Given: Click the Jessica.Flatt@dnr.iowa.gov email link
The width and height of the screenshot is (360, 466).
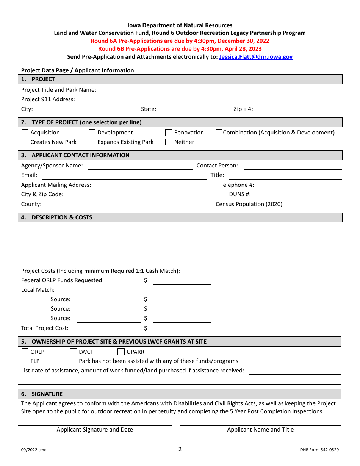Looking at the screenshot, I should click(256, 57).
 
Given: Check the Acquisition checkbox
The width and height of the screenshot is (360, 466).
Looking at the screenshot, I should click(25, 133).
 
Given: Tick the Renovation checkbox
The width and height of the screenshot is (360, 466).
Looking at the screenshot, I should click(169, 133).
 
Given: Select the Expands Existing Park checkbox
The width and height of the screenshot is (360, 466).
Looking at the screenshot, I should click(92, 142).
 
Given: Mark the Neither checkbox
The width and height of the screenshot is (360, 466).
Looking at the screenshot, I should click(169, 142).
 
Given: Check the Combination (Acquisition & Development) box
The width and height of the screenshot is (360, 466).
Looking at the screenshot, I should click(219, 133).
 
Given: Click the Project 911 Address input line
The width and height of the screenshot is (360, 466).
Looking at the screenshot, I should click(210, 100).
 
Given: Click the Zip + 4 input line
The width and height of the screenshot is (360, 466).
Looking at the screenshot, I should click(300, 110).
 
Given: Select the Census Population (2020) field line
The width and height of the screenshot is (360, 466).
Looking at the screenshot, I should click(314, 205).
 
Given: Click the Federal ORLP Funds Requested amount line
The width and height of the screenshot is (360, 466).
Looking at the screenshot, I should click(182, 281).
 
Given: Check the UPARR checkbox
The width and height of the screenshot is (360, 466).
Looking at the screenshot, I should click(121, 352).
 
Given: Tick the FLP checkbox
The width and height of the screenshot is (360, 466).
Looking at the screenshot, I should click(25, 361).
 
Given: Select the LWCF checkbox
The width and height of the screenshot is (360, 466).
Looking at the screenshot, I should click(74, 352).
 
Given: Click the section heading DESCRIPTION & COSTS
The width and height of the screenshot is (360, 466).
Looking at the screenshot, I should click(62, 217).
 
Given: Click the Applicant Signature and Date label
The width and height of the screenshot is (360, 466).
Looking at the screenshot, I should click(95, 430).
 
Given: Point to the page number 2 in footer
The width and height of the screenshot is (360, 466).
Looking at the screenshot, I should click(180, 449).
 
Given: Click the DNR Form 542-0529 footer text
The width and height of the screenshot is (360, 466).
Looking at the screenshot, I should click(319, 450).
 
